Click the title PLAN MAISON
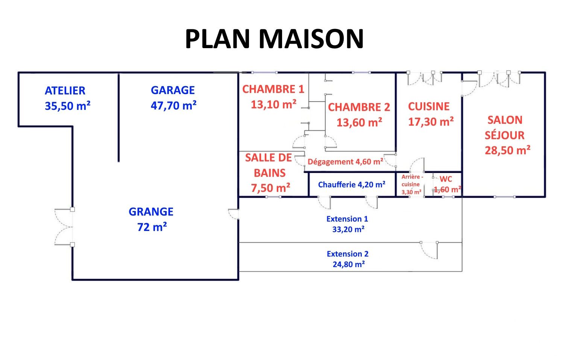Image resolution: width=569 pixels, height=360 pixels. coord(275,39)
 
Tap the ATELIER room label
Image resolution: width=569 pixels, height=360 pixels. coord(65,91)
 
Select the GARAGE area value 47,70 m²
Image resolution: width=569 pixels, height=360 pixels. coord(173,105)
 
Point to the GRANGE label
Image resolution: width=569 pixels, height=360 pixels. coord(151,212)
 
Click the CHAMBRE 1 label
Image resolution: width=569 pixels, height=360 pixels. coord(273,89)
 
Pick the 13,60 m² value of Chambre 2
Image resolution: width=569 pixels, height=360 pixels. coord(360,122)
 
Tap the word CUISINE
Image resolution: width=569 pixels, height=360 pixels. coord(429,106)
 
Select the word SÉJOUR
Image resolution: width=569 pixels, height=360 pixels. coord(504,135)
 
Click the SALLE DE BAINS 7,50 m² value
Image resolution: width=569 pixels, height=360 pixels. coord(270,188)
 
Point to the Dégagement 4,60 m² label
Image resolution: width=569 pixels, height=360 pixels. coord(346,162)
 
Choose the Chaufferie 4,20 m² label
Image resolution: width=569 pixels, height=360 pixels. coord(352,184)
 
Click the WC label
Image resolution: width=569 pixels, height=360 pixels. coord(446,179)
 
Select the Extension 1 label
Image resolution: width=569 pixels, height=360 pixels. coord(347,219)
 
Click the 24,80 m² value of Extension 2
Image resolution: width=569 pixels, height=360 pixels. coord(349,264)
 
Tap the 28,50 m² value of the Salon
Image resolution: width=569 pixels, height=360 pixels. coord(508,150)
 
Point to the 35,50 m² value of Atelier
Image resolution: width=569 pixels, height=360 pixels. coord(68,106)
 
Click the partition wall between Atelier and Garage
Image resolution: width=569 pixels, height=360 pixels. coord(118,118)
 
